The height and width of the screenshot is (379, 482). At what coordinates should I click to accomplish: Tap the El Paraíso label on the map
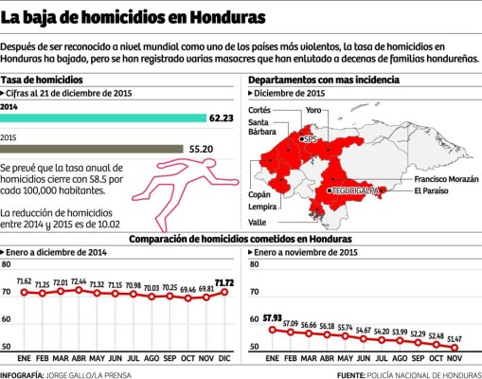click(431, 192)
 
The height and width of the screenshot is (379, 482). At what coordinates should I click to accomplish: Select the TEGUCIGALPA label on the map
click(356, 190)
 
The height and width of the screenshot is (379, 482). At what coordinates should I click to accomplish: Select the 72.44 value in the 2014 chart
click(79, 281)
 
